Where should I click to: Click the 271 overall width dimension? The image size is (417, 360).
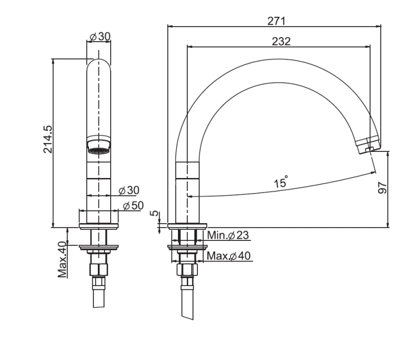pyautogui.click(x=276, y=21)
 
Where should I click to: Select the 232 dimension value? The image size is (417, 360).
pyautogui.click(x=281, y=41)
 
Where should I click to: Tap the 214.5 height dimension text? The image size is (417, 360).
pyautogui.click(x=48, y=139)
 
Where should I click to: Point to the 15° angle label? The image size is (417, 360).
pyautogui.click(x=281, y=182)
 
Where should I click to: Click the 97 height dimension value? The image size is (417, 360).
pyautogui.click(x=383, y=188)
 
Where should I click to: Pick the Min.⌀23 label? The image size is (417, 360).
pyautogui.click(x=228, y=235)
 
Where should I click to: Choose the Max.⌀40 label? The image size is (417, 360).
pyautogui.click(x=229, y=256)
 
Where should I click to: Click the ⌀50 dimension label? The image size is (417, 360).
pyautogui.click(x=133, y=205)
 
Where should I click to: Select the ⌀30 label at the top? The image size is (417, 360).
pyautogui.click(x=100, y=37)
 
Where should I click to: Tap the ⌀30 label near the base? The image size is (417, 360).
pyautogui.click(x=129, y=190)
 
